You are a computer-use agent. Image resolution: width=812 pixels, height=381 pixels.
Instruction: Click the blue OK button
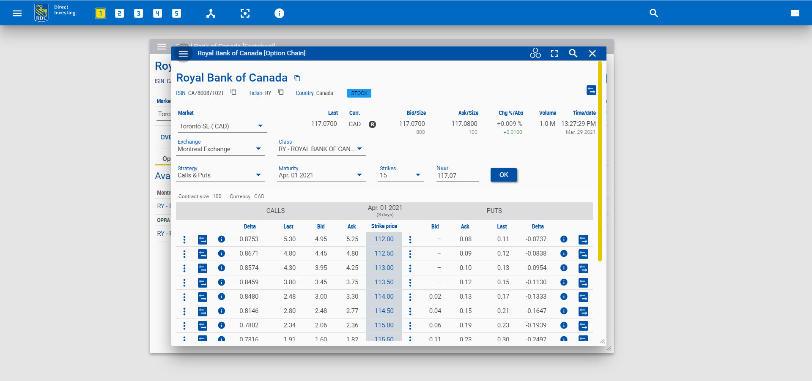(x=503, y=175)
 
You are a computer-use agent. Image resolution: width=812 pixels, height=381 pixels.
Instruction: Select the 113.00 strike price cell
(x=384, y=268)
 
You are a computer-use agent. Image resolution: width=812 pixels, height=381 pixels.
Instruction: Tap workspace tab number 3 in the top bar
(x=138, y=14)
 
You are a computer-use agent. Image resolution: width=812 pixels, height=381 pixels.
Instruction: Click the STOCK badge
(x=359, y=93)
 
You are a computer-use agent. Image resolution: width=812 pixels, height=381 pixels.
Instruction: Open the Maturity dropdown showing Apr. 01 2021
(x=321, y=175)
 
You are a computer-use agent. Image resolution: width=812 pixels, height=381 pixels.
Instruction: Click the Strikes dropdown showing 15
(x=400, y=175)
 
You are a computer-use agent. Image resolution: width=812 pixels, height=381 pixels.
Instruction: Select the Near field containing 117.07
(x=457, y=176)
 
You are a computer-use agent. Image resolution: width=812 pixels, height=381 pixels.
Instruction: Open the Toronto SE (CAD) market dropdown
(x=221, y=126)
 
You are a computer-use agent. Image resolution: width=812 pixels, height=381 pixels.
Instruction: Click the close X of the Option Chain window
(x=592, y=53)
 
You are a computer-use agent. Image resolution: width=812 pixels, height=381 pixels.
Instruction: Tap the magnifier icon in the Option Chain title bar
(x=573, y=53)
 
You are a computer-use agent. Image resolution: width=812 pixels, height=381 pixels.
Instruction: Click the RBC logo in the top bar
(x=41, y=13)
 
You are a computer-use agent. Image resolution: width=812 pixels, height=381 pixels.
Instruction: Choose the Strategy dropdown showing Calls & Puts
(x=220, y=175)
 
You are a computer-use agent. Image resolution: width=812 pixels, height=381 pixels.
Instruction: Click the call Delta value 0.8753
(x=249, y=239)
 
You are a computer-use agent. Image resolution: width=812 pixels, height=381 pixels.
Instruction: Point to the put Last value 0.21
(x=503, y=311)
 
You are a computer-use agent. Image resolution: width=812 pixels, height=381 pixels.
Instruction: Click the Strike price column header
(x=384, y=226)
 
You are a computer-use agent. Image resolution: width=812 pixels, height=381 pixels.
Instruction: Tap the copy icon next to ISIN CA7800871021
(x=233, y=92)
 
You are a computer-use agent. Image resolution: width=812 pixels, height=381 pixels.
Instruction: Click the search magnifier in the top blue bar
(x=653, y=14)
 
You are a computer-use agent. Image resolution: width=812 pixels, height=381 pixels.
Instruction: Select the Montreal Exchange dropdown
(x=220, y=149)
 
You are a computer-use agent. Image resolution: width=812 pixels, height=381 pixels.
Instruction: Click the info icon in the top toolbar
(x=279, y=14)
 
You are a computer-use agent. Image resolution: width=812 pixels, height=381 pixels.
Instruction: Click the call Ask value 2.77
(x=352, y=311)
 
